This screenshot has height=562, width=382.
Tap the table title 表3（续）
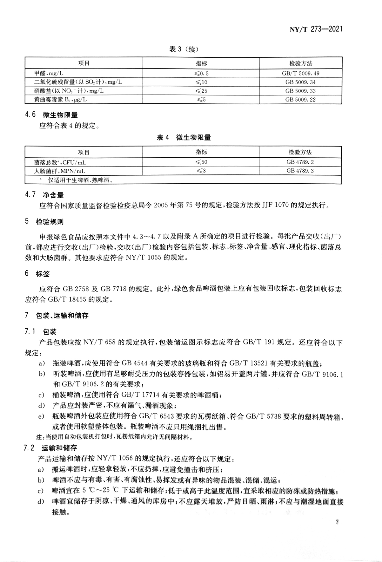tap(184, 49)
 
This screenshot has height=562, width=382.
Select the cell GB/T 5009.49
tap(300, 73)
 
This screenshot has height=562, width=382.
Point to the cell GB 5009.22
tap(300, 100)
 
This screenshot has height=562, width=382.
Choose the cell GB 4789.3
tap(300, 171)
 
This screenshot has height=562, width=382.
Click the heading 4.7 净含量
tap(44, 195)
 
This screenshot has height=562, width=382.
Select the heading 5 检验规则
tap(44, 221)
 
